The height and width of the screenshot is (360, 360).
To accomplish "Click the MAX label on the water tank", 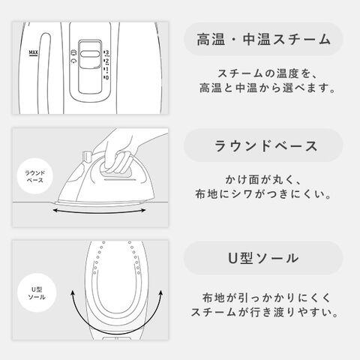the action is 33,52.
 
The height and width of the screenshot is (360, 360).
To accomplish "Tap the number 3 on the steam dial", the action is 107,52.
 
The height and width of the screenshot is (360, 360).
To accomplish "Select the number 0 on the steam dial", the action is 107,77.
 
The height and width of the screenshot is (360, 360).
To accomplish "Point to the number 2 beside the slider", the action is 107,61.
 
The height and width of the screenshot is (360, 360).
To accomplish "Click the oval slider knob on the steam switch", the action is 90,54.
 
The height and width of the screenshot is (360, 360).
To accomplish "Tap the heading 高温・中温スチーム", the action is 263,40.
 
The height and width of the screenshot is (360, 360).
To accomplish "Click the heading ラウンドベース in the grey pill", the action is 266,145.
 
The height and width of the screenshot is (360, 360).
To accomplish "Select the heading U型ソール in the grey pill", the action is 263,258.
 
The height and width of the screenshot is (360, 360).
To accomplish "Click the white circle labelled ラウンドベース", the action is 34,176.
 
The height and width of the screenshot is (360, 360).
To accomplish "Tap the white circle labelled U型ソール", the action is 37,292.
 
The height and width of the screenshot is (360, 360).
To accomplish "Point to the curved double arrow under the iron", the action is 99,213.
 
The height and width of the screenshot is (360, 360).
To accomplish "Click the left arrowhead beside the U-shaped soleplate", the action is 73,293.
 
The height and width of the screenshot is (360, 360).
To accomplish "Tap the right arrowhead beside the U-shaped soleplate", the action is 160,293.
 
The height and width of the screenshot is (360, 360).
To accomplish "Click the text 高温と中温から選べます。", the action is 267,88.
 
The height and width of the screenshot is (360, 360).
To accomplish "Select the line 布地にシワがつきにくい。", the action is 263,194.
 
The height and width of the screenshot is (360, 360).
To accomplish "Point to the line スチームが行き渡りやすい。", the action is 265,312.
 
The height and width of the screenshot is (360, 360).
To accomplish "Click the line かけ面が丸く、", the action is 263,180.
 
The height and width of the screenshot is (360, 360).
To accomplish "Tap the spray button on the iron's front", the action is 86,156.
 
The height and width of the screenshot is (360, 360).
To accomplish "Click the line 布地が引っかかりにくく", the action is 266,298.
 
